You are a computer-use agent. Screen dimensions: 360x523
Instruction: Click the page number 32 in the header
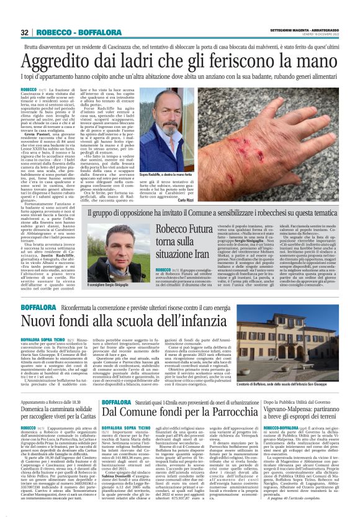tap(24, 32)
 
